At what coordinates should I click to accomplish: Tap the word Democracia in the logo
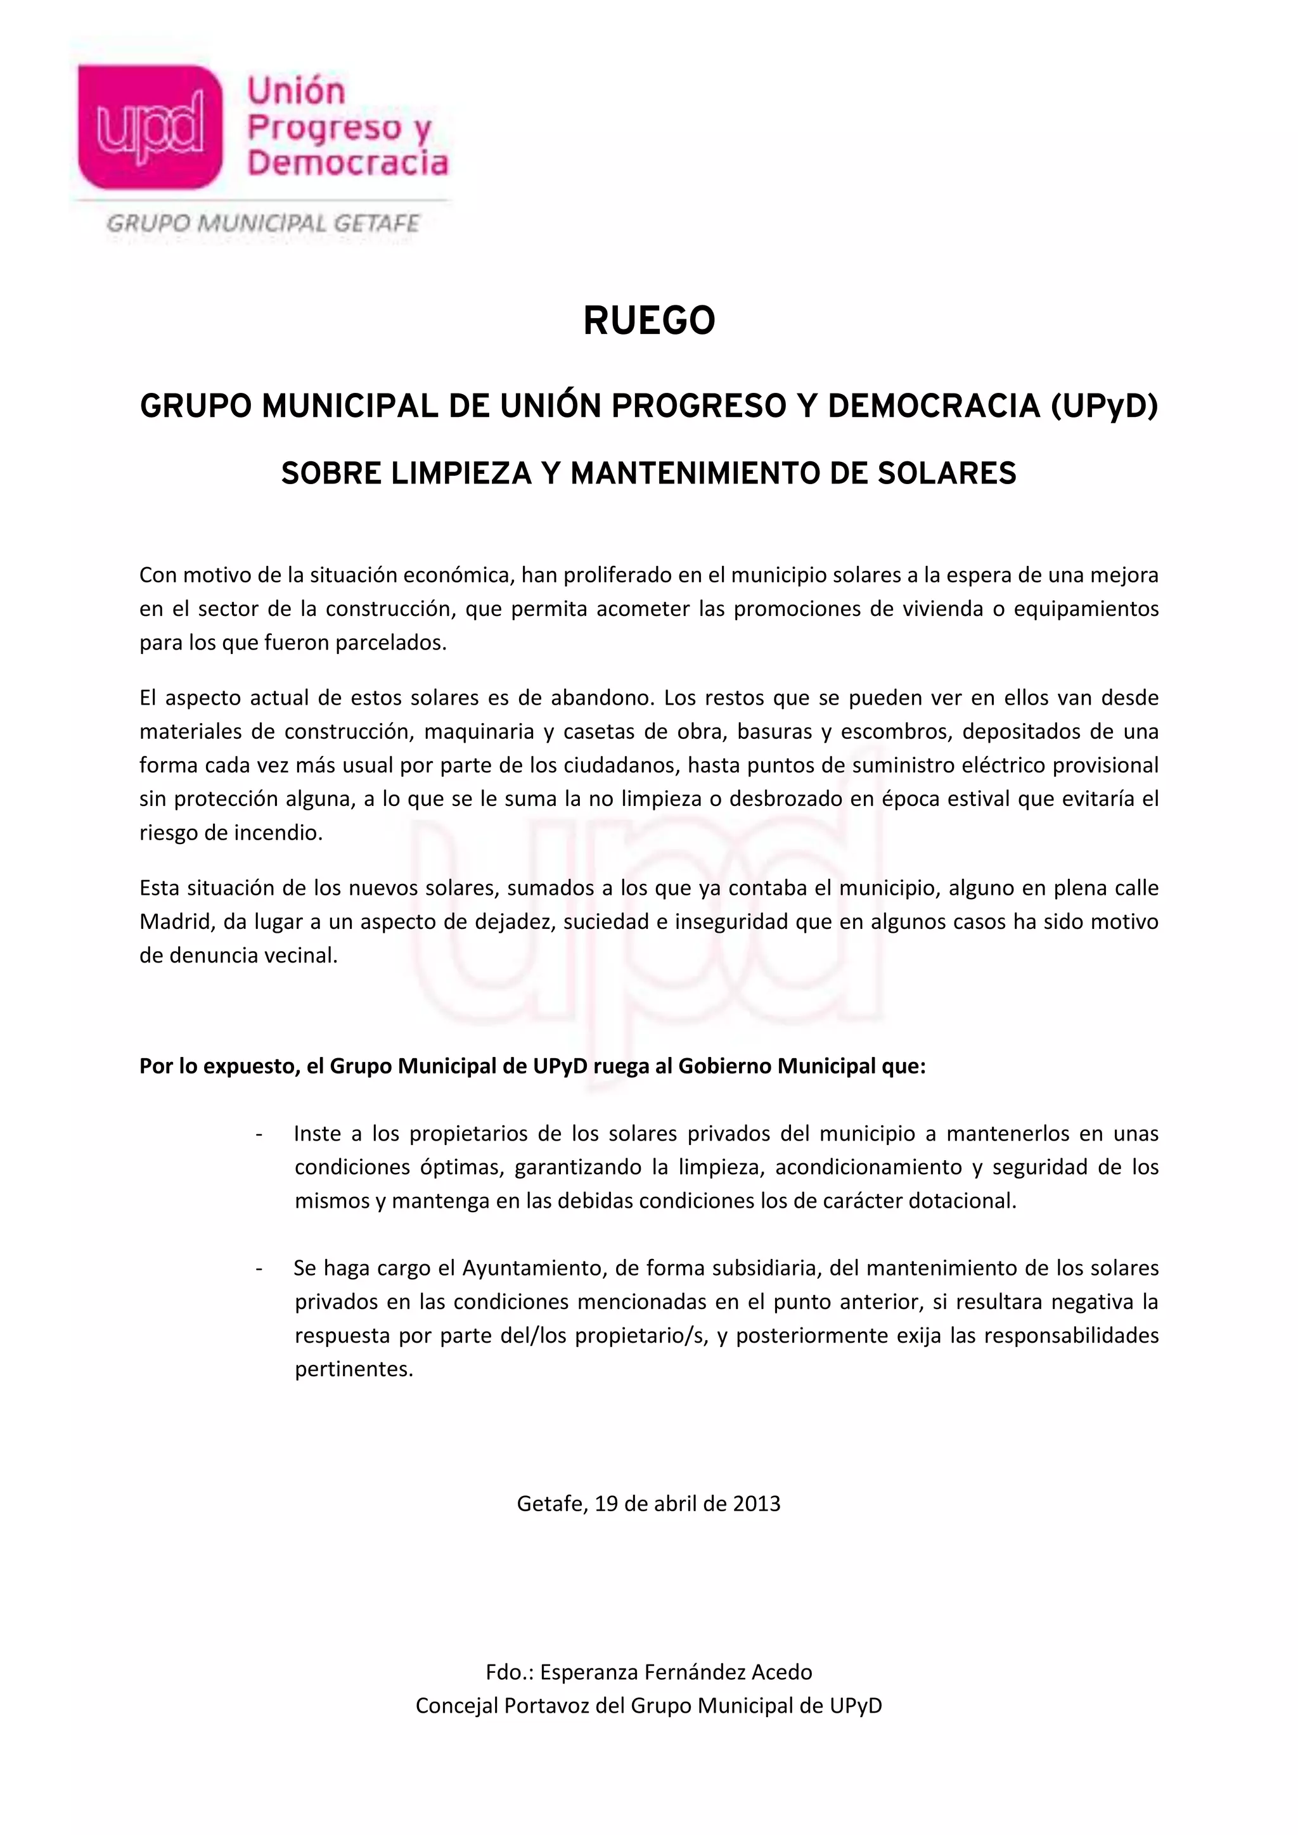point(348,163)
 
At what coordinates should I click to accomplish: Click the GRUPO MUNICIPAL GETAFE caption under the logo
point(263,224)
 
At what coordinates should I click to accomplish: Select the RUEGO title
point(649,321)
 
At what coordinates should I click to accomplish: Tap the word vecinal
point(300,955)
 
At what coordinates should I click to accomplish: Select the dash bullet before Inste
point(259,1134)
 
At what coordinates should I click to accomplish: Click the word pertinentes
point(353,1369)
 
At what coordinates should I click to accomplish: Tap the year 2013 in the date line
point(756,1504)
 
